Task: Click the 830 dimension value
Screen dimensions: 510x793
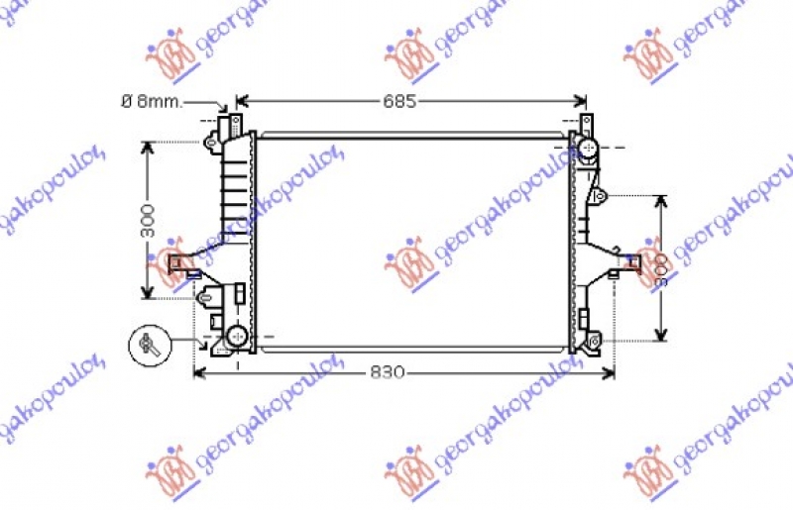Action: coord(388,372)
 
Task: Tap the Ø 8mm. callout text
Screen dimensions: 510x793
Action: coord(152,101)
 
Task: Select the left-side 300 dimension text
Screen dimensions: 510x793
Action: coord(148,219)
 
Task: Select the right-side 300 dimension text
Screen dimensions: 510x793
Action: coord(661,266)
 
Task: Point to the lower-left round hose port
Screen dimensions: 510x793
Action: coord(237,338)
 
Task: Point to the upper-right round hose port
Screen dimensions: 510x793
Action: coord(587,150)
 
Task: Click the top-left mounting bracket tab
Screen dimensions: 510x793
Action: coord(237,123)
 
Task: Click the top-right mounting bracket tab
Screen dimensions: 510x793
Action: coord(586,123)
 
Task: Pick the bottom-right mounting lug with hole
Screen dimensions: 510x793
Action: coord(593,343)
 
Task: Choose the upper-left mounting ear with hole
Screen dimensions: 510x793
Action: coord(211,143)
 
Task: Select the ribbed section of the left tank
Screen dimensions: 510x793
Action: coord(235,183)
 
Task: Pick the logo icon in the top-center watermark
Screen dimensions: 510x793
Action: coord(411,58)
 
